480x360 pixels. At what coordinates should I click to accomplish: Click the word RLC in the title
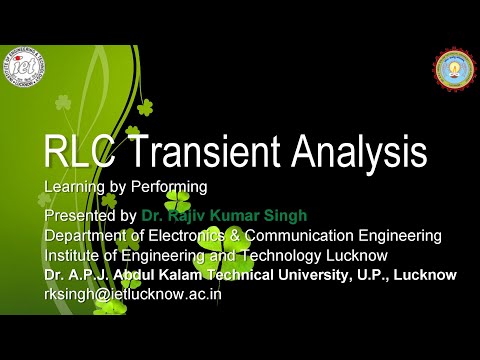79,153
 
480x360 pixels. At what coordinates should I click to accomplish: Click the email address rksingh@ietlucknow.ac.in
133,294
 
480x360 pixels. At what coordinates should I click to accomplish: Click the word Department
87,235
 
